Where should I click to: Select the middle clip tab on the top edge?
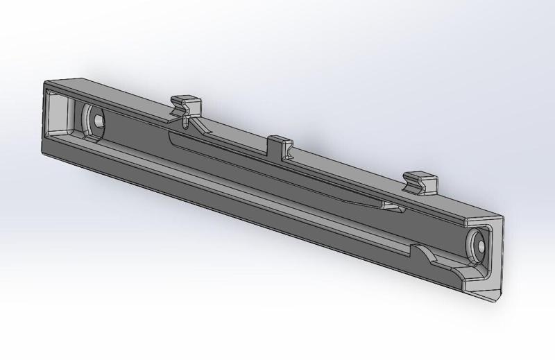(x=281, y=144)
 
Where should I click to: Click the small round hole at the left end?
(x=99, y=121)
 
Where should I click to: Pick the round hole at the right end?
(x=479, y=244)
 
